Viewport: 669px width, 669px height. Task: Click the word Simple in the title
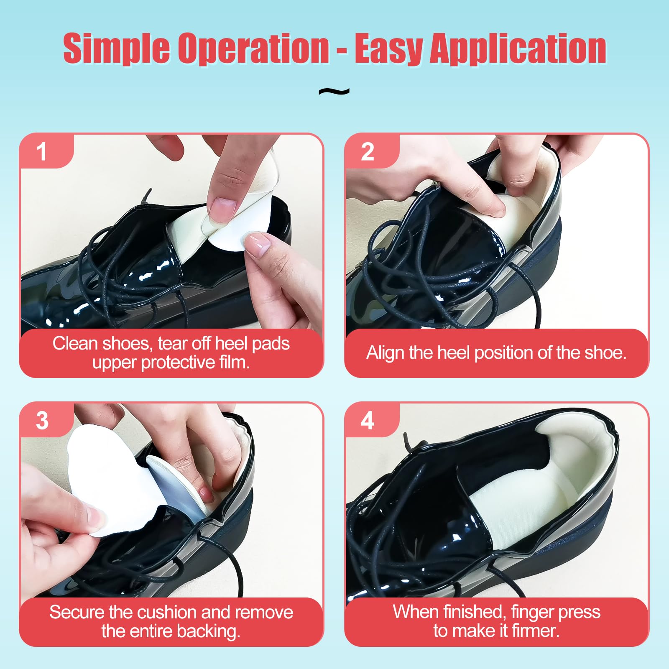(x=116, y=49)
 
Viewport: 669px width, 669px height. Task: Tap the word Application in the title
(x=518, y=49)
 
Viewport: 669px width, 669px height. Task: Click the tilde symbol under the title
(x=334, y=91)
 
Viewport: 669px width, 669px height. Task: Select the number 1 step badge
(x=42, y=151)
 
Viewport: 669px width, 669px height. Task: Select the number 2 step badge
(x=368, y=151)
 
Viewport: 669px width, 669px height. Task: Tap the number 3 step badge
(x=42, y=420)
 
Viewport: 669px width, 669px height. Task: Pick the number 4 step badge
(x=368, y=420)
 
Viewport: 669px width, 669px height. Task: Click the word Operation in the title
(x=253, y=49)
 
